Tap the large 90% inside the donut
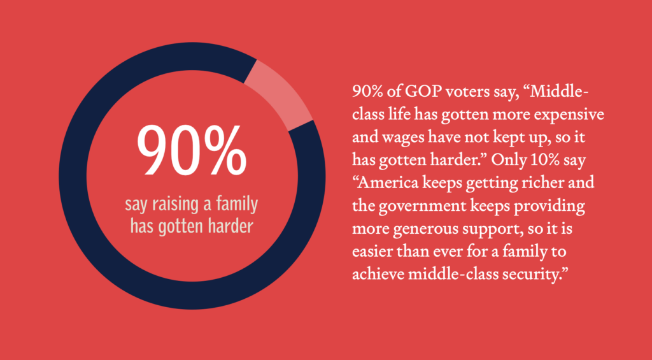(192, 150)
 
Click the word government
(422, 206)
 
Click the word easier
(371, 252)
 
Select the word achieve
(378, 274)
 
